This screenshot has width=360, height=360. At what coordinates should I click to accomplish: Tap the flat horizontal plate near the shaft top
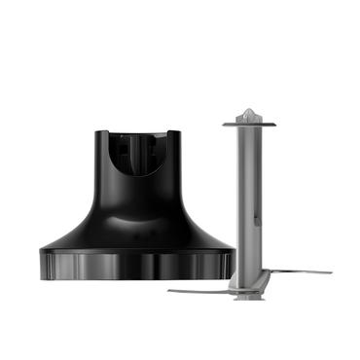pos(250,124)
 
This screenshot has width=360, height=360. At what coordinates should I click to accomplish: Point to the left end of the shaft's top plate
pos(225,124)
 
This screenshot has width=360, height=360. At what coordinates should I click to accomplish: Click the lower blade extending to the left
pos(199,289)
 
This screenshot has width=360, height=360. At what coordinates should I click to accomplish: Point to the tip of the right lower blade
pos(330,271)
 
